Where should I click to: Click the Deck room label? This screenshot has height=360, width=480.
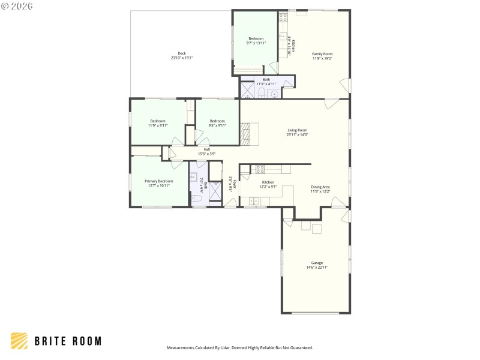point(181,53)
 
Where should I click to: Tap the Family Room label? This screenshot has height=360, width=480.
point(322,54)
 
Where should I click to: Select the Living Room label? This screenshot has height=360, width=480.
point(297,130)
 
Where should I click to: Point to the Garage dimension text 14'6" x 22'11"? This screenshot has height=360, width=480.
point(317,267)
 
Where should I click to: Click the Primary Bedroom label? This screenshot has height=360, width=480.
point(158,181)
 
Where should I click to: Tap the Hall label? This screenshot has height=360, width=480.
point(206,149)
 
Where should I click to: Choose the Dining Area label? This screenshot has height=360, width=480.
point(320,187)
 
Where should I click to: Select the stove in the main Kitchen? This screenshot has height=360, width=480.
point(260,169)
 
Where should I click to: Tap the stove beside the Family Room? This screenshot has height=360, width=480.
point(283,18)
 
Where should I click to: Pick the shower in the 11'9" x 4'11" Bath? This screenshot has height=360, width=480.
point(247,91)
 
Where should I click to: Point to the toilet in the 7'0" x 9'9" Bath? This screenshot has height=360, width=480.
point(196,198)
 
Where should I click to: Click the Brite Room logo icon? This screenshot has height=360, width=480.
point(19,341)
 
